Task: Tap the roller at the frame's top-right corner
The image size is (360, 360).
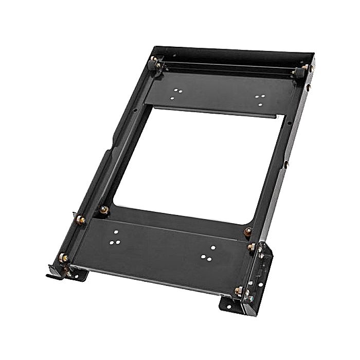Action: coord(298,73)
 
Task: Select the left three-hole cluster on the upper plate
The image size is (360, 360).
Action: coord(177,93)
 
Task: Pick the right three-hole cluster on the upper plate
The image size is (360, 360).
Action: coord(260,98)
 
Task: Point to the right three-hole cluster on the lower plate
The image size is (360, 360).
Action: coord(208,253)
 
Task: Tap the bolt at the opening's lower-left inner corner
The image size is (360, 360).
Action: coord(104,210)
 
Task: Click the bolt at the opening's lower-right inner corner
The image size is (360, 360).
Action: coord(248,232)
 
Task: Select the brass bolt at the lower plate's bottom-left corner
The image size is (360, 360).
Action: coord(64,257)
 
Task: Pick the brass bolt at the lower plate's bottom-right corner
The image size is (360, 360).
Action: coord(238,291)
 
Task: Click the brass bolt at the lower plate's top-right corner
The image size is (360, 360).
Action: coord(251,247)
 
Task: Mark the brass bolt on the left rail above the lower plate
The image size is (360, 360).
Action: coord(80,220)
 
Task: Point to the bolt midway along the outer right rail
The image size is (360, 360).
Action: coord(286,164)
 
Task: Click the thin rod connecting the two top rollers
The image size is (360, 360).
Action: coord(226,67)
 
